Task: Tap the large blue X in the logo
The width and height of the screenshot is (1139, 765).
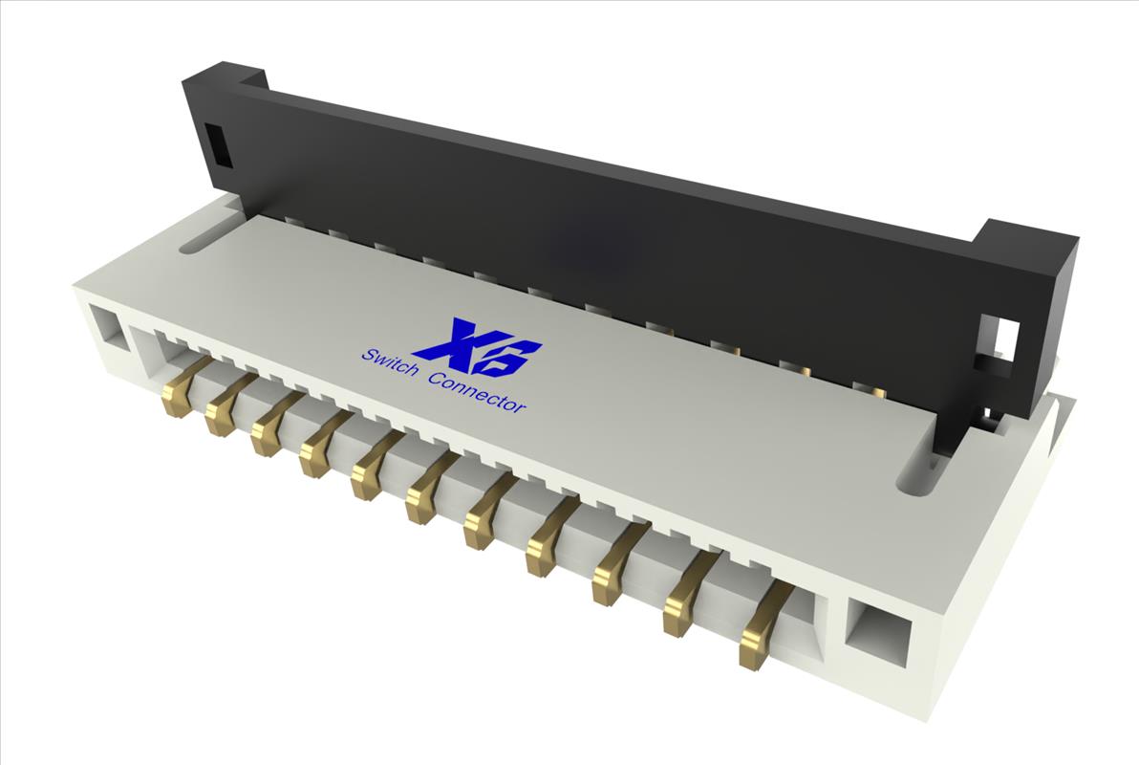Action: [x=453, y=340]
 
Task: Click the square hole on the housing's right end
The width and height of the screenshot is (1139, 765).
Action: [x=876, y=632]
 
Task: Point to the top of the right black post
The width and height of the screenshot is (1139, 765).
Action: [x=1027, y=235]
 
